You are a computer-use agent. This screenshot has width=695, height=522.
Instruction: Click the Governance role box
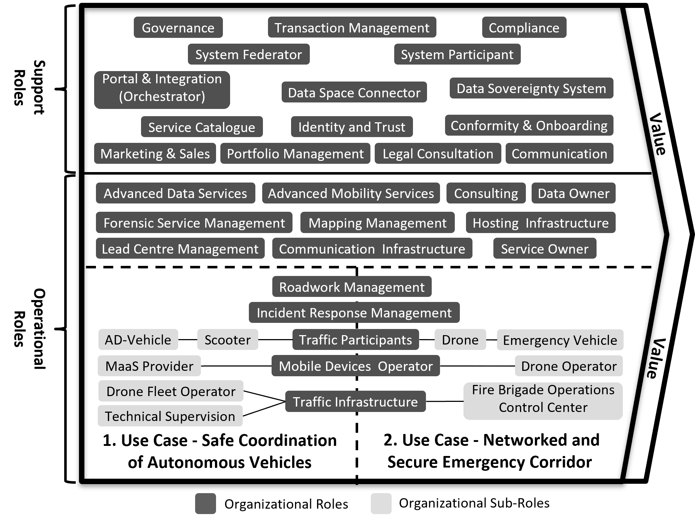coord(178,28)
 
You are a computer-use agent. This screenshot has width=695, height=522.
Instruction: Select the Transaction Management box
coord(352,28)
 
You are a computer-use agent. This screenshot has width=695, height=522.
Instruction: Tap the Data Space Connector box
coord(354,93)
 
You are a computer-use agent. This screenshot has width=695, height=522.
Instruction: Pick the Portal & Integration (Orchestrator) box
coord(162,88)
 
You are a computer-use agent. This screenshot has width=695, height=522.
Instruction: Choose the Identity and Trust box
coord(352,127)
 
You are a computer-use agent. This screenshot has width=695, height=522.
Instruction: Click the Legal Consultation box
coord(437,154)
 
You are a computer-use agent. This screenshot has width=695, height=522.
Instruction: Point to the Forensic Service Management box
coord(194,223)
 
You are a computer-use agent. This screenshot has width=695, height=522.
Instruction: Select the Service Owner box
coord(545,249)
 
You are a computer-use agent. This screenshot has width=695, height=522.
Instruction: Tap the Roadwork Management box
coord(352,287)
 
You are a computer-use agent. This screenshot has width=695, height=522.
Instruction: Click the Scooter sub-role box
coord(228,340)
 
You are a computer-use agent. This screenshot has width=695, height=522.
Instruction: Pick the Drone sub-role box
coord(460,340)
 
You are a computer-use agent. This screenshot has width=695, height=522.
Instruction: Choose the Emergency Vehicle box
coord(560,340)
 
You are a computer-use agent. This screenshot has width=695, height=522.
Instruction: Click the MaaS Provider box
coord(149,366)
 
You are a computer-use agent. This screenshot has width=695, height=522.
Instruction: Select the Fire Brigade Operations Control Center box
coord(543,399)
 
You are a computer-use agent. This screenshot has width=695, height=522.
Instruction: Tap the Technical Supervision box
coord(170,416)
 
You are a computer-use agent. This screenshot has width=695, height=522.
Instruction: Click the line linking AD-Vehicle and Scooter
coord(188,340)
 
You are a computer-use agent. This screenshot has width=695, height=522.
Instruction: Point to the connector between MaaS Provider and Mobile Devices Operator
coord(236,366)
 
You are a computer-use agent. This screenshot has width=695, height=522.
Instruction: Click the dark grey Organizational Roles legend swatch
coord(206,504)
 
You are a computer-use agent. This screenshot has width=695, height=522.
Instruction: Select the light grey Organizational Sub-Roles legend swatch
coord(381,503)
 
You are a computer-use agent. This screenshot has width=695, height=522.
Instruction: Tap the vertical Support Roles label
coord(29,88)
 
